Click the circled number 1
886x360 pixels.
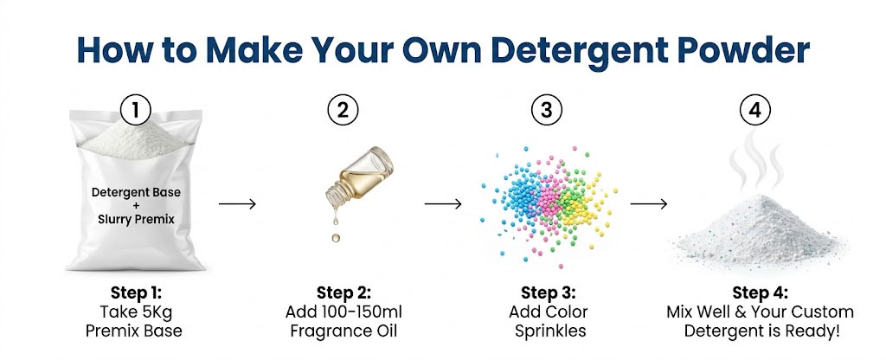click(x=135, y=110)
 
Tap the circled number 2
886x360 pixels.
click(x=343, y=110)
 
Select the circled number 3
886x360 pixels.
click(x=545, y=110)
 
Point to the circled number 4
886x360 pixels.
click(x=754, y=110)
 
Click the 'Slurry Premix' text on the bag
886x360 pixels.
click(x=134, y=219)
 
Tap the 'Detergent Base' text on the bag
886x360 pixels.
click(x=134, y=190)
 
